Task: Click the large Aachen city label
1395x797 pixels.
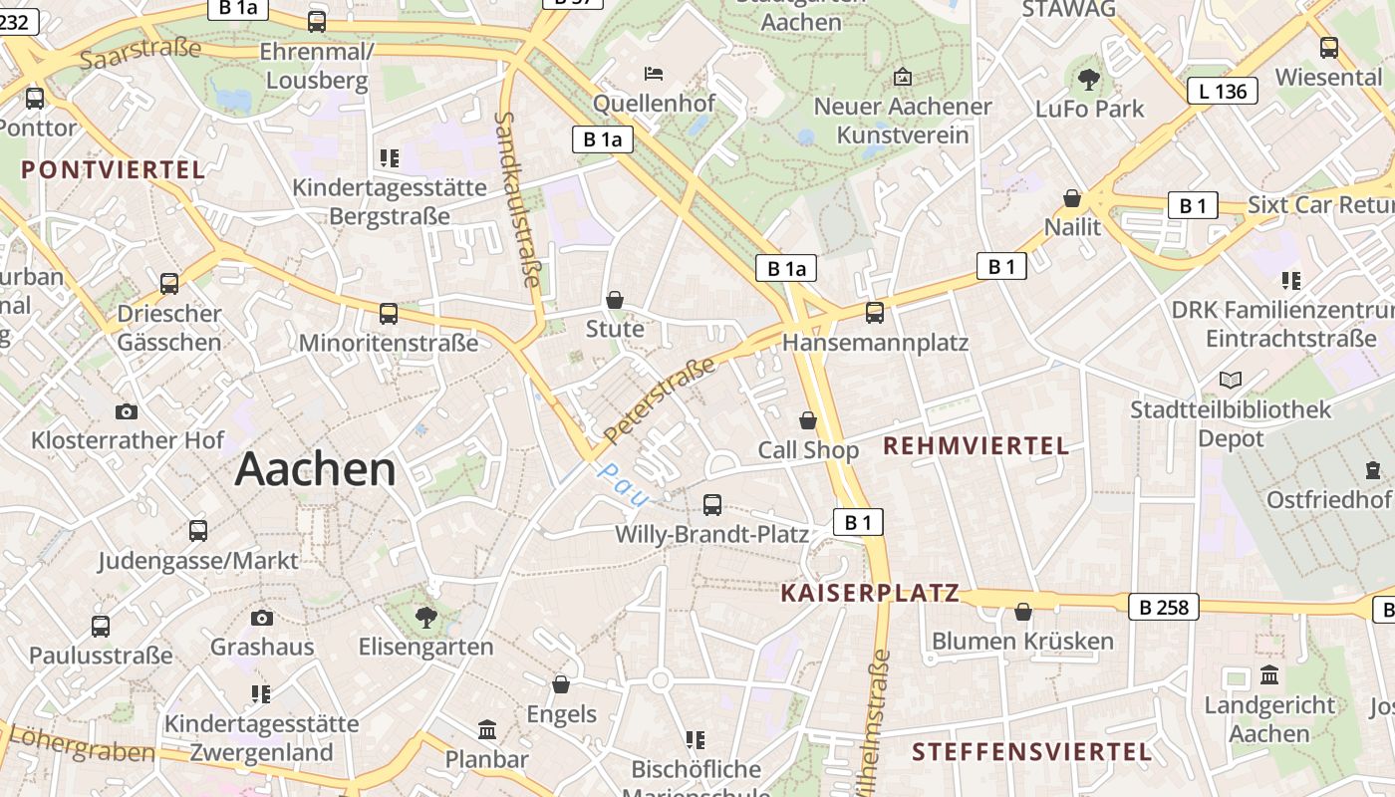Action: tap(315, 469)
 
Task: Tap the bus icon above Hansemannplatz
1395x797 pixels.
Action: tap(875, 313)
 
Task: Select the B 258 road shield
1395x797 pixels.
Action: tap(1163, 607)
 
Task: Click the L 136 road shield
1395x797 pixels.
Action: tap(1222, 92)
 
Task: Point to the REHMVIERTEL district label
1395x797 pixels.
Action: tap(976, 445)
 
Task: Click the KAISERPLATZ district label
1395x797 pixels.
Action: tap(870, 594)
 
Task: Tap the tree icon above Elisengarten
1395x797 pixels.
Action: tap(426, 617)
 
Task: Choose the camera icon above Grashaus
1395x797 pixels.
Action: tap(262, 618)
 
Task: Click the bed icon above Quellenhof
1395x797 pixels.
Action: tap(654, 74)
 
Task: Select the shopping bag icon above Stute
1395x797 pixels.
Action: tap(615, 300)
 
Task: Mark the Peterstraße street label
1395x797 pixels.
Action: tap(660, 399)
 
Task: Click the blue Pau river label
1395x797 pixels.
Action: tap(624, 483)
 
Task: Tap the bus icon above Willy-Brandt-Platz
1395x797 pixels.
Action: tap(711, 504)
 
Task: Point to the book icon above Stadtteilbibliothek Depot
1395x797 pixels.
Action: tap(1231, 380)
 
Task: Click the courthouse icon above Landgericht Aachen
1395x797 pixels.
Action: tap(1268, 675)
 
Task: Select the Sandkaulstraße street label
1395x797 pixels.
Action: tap(518, 199)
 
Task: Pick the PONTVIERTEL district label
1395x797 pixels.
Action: tap(113, 169)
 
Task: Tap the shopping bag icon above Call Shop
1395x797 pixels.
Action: tap(808, 421)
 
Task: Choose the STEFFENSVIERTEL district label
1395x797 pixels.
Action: tap(1031, 751)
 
